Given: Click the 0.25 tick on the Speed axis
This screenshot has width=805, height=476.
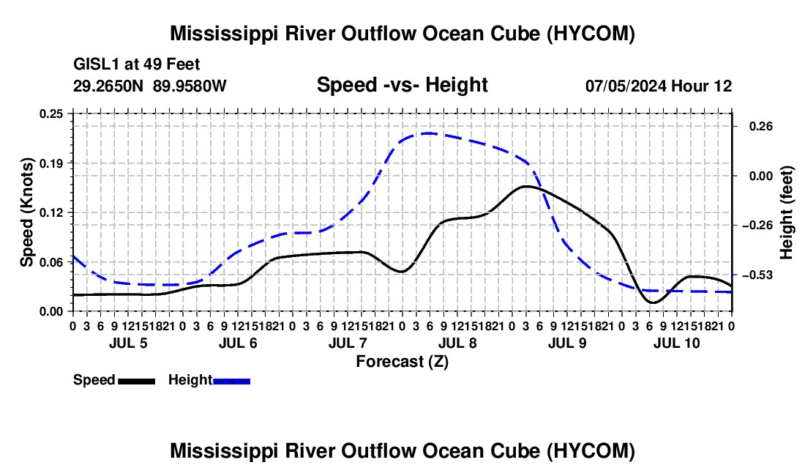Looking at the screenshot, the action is pos(51,114).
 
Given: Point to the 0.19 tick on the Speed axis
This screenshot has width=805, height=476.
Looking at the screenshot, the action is pos(51,163).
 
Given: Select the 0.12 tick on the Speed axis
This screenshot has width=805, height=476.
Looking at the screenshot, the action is pos(51,212).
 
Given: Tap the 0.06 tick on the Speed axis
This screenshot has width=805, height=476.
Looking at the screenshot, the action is pos(51,262).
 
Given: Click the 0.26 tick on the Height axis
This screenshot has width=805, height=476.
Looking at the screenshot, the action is pos(761,126).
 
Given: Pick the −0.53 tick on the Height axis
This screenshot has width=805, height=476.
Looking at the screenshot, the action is pos(757,275).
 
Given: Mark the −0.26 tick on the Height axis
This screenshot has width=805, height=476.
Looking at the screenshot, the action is pos(757,226).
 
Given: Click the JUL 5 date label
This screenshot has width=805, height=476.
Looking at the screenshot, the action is pos(128,343).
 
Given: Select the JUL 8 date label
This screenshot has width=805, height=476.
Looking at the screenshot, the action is pos(457,343).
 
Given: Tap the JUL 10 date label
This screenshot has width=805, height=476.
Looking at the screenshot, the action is pos(677,343).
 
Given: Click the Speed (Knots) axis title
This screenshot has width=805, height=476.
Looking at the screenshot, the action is pos(26,212).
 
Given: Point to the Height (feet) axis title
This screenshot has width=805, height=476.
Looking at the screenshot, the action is pos(787,212).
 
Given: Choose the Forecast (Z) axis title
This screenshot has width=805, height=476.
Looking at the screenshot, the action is pos(402,362).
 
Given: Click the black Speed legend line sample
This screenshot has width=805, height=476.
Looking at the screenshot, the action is pos(137,382).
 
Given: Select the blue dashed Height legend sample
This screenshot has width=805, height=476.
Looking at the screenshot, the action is pos(231,382).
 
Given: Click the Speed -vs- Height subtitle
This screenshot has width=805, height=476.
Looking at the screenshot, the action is pos(402,85).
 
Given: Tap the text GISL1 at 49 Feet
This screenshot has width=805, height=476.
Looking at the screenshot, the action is pos(137,64).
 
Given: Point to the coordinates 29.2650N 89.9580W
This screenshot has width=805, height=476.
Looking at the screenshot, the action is pos(150,86).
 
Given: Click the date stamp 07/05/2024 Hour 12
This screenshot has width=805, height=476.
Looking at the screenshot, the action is pos(659,86).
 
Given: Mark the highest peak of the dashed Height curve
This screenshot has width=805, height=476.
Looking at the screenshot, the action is pos(428,133).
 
